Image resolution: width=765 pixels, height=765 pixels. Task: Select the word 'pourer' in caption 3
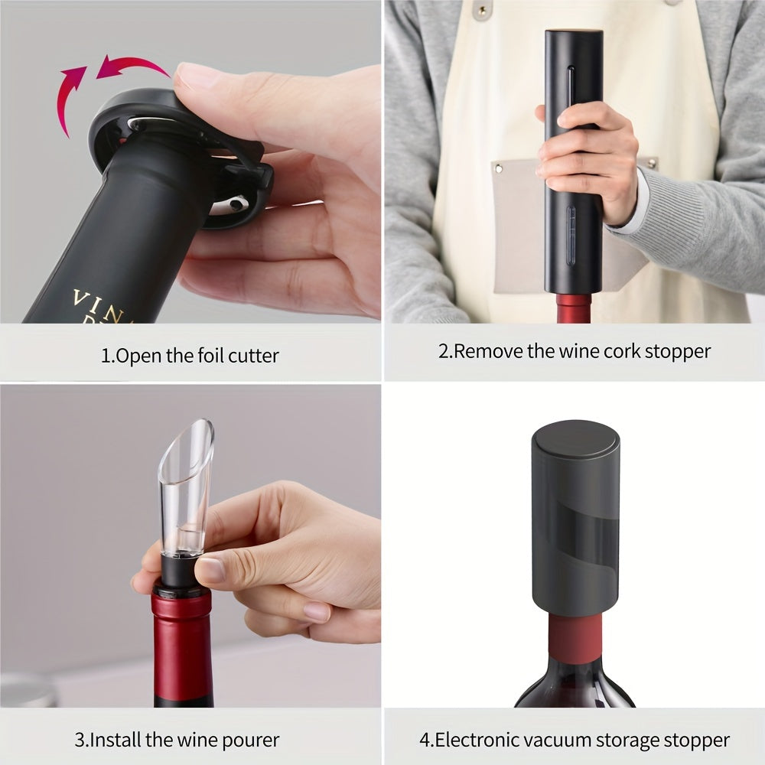point(253,740)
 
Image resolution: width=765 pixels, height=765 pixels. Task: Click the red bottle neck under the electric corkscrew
point(574,308)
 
